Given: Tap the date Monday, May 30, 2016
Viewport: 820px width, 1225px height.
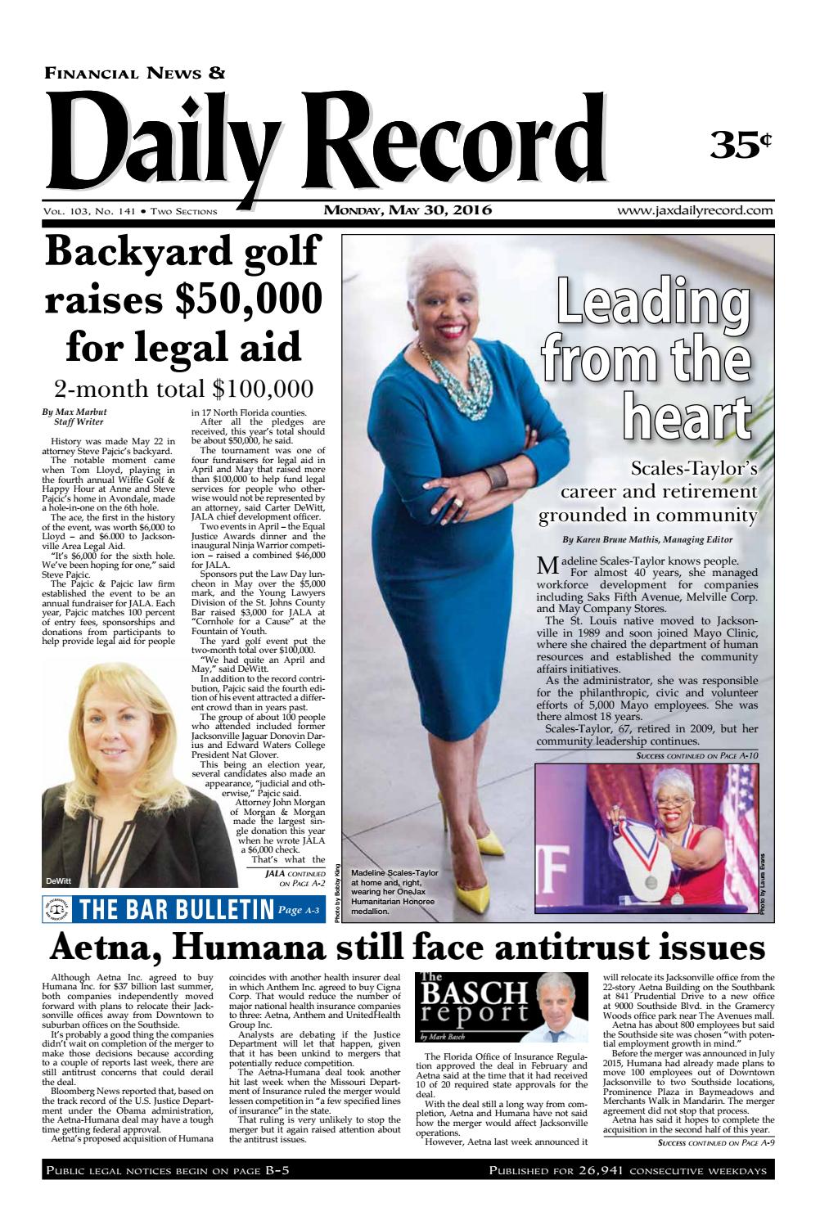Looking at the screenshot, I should point(408,210).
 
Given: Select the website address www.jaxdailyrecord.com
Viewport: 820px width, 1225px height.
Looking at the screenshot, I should point(696,210).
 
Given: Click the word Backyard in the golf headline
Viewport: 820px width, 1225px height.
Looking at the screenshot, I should point(134,251).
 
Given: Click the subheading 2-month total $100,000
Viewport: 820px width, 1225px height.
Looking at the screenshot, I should point(183,387).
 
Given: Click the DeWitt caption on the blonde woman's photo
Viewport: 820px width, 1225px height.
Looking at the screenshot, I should point(59,880).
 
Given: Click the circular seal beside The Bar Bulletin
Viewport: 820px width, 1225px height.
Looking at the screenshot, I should point(59,909).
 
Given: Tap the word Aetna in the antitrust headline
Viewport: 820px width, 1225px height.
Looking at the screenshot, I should point(104,948).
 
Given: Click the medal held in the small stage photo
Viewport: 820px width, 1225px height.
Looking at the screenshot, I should point(651,881).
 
